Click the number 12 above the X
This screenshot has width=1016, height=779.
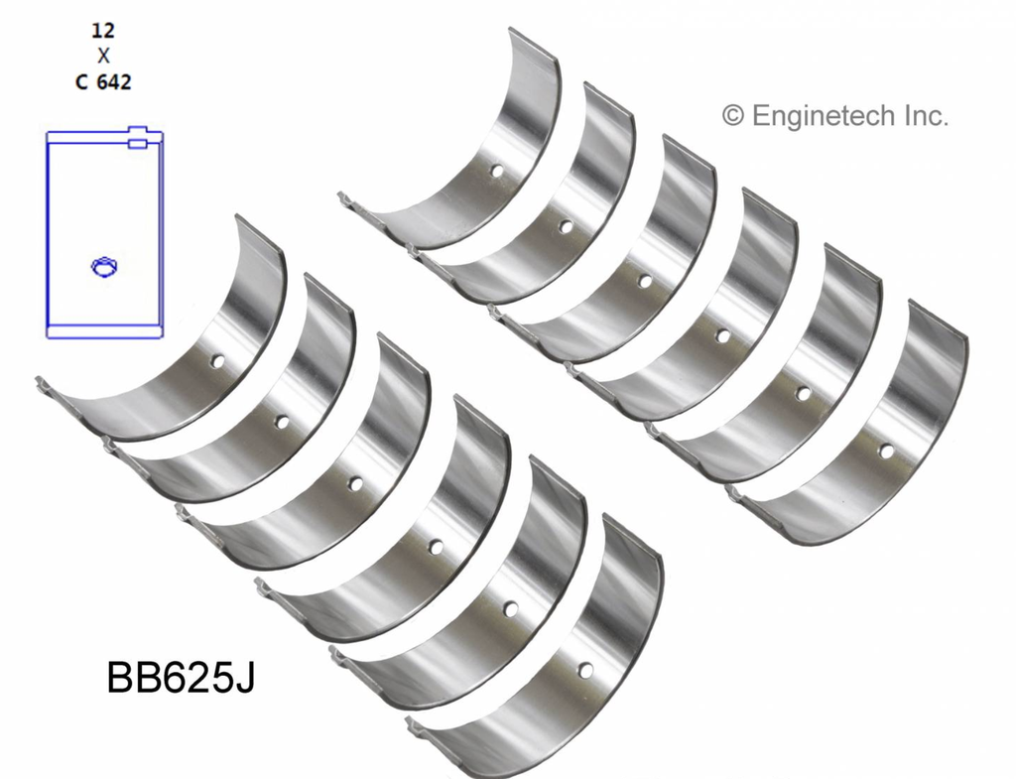[103, 31]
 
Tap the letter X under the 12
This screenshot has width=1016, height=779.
[103, 57]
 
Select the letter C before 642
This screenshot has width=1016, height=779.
[81, 82]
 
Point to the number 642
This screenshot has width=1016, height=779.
[114, 82]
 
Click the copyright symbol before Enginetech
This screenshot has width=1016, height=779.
[733, 117]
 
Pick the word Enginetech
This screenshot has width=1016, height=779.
[825, 116]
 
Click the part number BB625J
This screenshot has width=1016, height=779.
[181, 678]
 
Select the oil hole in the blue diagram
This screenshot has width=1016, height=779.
[103, 266]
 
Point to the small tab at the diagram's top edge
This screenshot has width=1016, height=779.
[137, 137]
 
